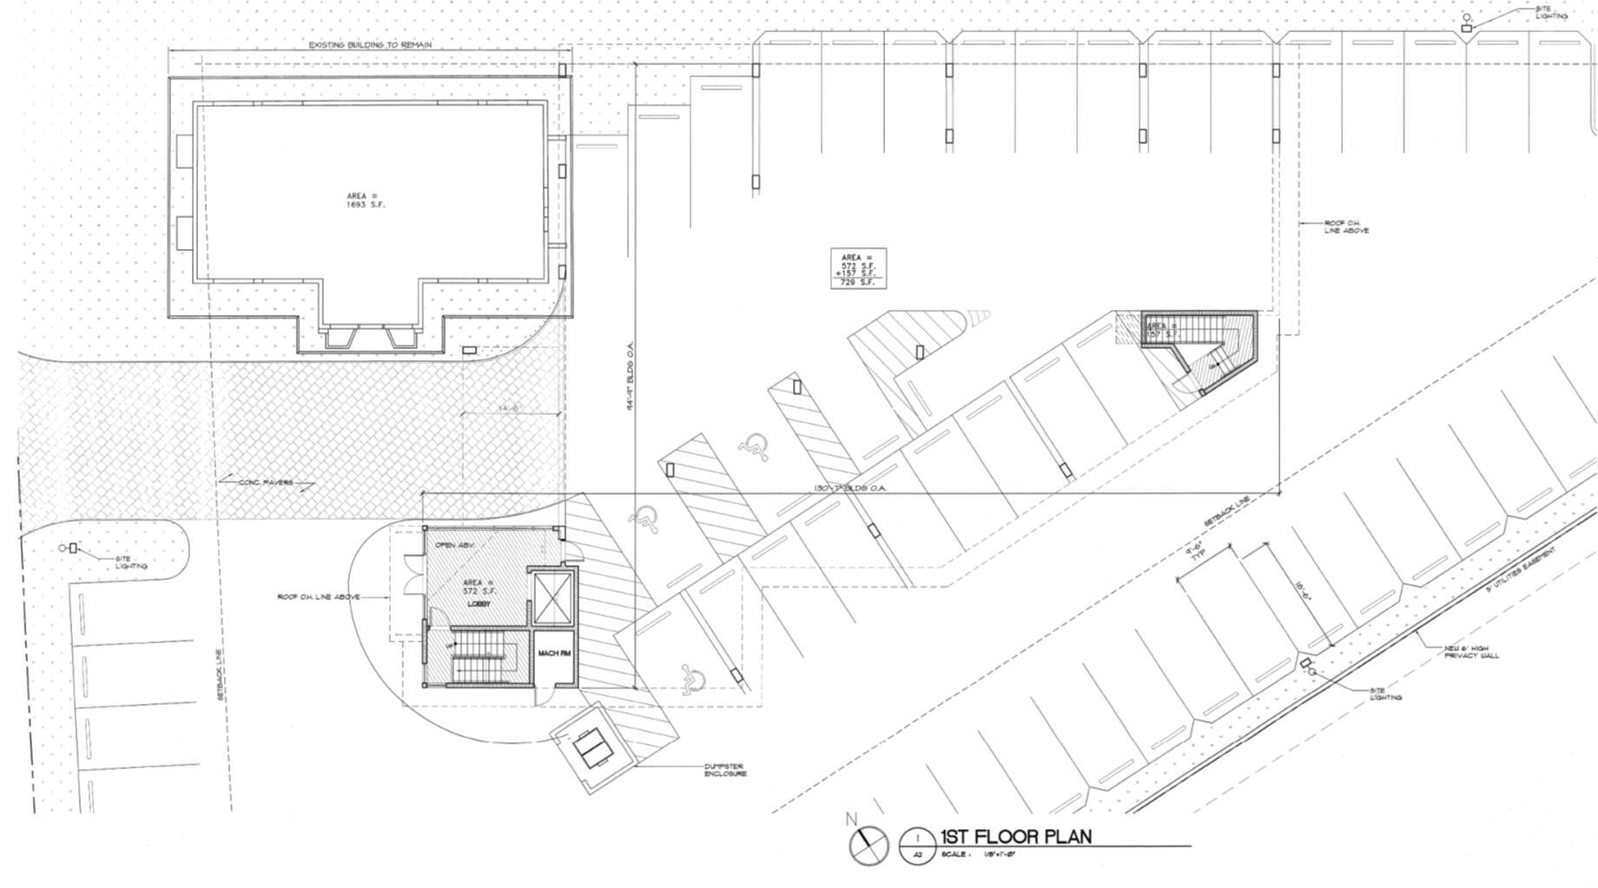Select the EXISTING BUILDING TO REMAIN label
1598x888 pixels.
[370, 45]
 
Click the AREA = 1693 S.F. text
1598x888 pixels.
[365, 201]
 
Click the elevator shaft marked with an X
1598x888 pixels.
[553, 597]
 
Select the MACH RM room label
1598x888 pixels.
[553, 654]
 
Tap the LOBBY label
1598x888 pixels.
[479, 603]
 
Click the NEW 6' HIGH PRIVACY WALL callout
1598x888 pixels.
[1471, 652]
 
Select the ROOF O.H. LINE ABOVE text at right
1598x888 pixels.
[1346, 227]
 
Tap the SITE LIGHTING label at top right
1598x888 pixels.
[1551, 12]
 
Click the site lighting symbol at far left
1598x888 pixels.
[69, 548]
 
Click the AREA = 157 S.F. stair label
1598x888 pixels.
[1162, 331]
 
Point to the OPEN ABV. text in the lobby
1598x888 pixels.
[450, 545]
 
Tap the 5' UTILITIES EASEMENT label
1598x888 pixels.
[1520, 569]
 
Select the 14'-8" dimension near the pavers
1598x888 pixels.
[510, 408]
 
